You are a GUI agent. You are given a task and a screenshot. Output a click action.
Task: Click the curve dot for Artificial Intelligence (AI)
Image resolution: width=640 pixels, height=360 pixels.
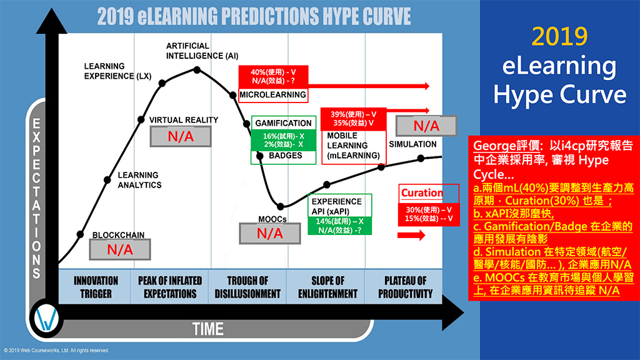197,70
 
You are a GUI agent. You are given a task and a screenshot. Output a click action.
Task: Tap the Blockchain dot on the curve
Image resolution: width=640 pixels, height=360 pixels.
81,234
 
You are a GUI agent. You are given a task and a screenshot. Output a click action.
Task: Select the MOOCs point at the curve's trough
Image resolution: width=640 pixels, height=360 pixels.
281,206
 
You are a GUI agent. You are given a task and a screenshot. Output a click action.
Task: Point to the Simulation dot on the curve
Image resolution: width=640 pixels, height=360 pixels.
421,158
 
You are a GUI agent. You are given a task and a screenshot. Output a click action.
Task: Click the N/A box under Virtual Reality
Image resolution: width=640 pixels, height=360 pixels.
181,136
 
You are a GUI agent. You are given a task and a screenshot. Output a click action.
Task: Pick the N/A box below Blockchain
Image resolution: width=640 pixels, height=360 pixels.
120,249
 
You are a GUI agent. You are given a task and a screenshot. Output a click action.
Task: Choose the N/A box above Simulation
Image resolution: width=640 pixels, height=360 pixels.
426,126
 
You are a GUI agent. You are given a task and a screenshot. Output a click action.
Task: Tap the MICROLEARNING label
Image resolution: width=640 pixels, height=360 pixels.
272,95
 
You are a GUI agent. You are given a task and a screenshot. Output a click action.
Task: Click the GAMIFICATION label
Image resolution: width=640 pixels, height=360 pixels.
283,123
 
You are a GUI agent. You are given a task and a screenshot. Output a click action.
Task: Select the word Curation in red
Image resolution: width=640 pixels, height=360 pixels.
422,192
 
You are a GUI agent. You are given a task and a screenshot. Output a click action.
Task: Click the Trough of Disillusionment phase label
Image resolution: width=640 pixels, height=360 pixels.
247,287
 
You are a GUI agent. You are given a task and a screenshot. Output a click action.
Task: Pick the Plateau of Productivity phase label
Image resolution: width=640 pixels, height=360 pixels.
405,287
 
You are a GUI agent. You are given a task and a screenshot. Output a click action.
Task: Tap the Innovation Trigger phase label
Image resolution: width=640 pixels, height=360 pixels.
96,287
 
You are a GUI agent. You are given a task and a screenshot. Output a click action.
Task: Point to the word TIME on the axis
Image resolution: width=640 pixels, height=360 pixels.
208,329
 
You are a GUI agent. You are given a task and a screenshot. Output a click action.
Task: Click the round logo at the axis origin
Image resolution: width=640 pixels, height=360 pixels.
46,318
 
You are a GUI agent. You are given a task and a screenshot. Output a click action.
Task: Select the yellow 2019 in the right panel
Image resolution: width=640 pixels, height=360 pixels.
559,37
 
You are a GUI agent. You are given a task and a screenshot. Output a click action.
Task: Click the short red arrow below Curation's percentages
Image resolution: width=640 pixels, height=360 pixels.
411,235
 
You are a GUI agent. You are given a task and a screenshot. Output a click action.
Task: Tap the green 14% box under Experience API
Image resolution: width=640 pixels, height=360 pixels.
339,226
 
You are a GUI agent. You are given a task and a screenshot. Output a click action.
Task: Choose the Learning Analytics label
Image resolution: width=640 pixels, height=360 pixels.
139,180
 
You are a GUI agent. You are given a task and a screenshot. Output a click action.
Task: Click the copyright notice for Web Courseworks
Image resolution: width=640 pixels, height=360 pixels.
57,350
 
